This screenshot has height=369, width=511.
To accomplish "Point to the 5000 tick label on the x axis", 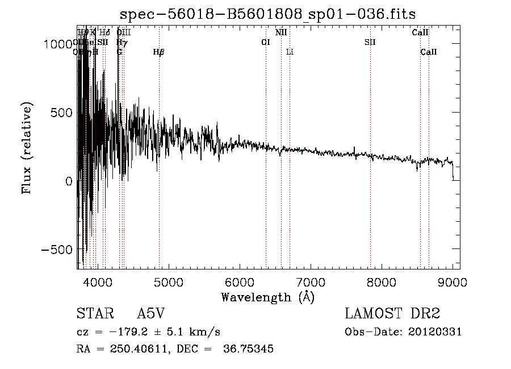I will tap(169, 281).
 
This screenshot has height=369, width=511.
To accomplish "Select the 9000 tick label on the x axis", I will tap(452, 281).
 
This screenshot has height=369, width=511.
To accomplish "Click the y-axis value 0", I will tap(68, 181).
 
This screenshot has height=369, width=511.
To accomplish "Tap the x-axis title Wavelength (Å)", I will tap(267, 297).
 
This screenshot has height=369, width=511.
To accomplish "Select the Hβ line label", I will tap(159, 52).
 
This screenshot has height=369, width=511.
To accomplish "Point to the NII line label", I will tap(281, 33).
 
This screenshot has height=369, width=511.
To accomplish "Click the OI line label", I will tap(265, 42).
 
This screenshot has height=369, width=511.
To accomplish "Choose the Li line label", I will tap(290, 52).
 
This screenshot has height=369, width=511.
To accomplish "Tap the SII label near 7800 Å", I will tap(370, 42).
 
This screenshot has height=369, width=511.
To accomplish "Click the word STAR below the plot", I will tap(90, 314).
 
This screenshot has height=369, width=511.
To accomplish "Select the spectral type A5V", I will tap(151, 314).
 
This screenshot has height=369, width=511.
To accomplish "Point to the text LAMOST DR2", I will tap(392, 314).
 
